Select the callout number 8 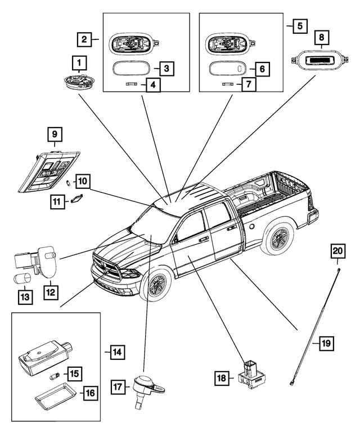(322, 38)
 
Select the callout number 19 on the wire (327, 342)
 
